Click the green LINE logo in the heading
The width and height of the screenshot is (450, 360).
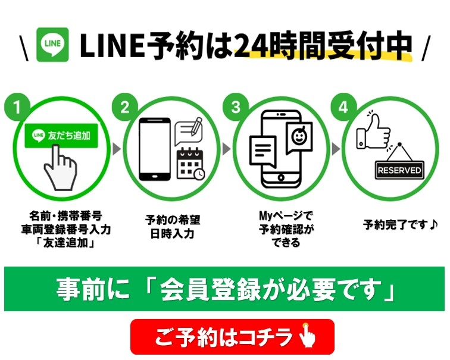pos(52,45)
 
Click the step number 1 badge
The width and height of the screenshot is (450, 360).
pos(17,107)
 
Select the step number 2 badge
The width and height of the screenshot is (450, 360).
pos(125,107)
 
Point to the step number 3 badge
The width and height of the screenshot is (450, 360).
pos(236,107)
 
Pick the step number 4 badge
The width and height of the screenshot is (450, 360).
pos(343,107)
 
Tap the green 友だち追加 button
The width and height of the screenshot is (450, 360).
pos(61,136)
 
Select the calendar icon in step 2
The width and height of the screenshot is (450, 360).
pos(190,164)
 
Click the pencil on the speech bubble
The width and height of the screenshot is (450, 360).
pos(196,126)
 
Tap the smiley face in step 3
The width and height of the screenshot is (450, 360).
pos(299,136)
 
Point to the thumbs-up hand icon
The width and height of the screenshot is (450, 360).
pos(373,133)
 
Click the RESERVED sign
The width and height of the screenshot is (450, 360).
pos(399,170)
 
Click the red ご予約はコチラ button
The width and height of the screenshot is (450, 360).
pos(233,337)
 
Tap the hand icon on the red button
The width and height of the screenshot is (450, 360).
pos(307,336)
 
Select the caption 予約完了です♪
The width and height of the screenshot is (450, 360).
pos(401,224)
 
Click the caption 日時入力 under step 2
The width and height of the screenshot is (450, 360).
pos(173,233)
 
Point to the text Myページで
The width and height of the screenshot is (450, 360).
pos(286,215)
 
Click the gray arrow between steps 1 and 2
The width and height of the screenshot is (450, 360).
pos(116,149)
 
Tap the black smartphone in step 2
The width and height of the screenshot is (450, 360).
pos(155,149)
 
